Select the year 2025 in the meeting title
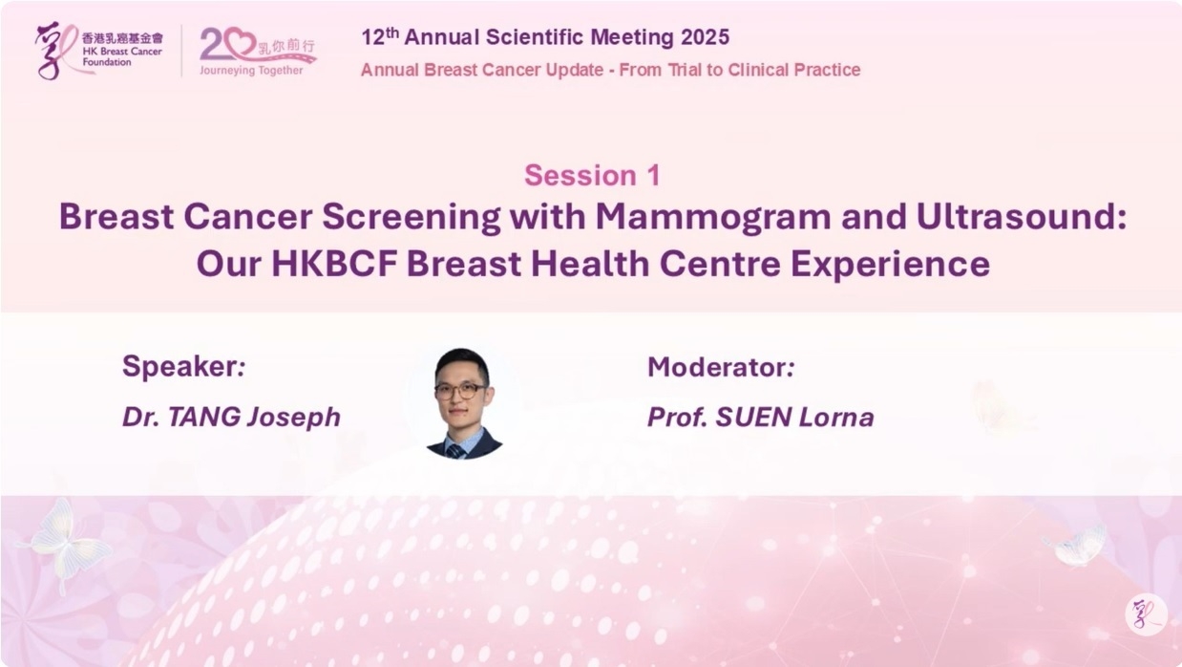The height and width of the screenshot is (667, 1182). tap(705, 37)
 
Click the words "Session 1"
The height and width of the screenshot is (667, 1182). tap(592, 175)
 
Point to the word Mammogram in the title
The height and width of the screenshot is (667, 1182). tap(713, 217)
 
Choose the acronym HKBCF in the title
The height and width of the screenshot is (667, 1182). tap(334, 264)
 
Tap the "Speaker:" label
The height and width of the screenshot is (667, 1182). tap(183, 366)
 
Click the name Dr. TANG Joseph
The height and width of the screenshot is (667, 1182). tap(231, 418)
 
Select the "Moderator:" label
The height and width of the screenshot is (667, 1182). tap(721, 367)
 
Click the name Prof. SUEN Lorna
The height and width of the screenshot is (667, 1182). tap(760, 418)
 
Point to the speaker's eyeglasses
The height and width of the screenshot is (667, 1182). tap(460, 391)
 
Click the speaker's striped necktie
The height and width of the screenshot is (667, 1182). tap(455, 451)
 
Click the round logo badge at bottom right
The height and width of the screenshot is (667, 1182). tap(1146, 614)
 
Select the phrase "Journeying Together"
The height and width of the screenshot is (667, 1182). tap(251, 71)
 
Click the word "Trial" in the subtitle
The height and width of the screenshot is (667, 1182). tap(685, 70)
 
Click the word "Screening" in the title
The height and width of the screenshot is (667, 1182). tap(412, 217)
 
